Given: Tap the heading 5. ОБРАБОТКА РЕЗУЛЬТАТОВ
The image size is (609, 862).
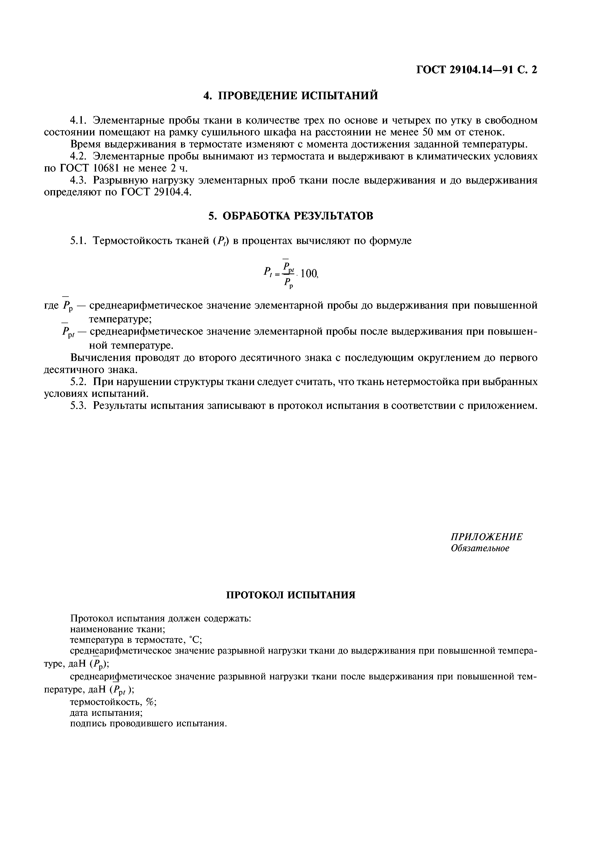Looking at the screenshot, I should [x=291, y=216].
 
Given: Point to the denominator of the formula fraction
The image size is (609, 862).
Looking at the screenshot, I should [x=288, y=283].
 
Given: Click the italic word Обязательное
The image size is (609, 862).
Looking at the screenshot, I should [x=480, y=548].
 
